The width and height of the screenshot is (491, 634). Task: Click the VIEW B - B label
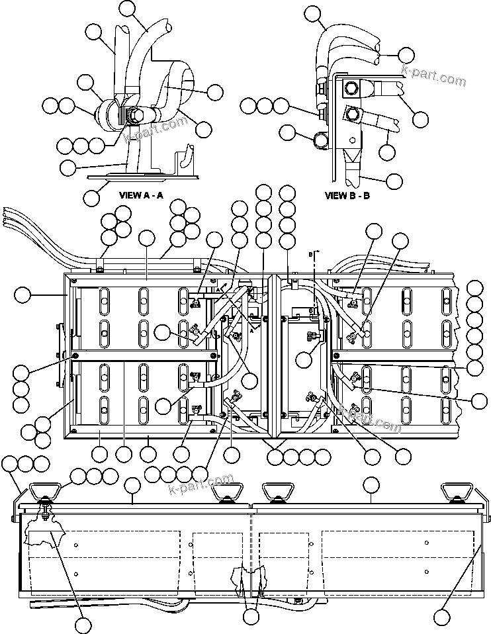click(347, 195)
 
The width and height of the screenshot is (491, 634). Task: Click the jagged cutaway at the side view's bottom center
click(250, 579)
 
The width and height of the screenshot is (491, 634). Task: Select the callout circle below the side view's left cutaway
click(83, 625)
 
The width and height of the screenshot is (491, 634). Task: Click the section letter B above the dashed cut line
click(310, 253)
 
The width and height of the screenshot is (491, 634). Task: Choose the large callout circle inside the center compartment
click(304, 359)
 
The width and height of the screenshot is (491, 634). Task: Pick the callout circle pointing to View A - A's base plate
click(93, 197)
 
